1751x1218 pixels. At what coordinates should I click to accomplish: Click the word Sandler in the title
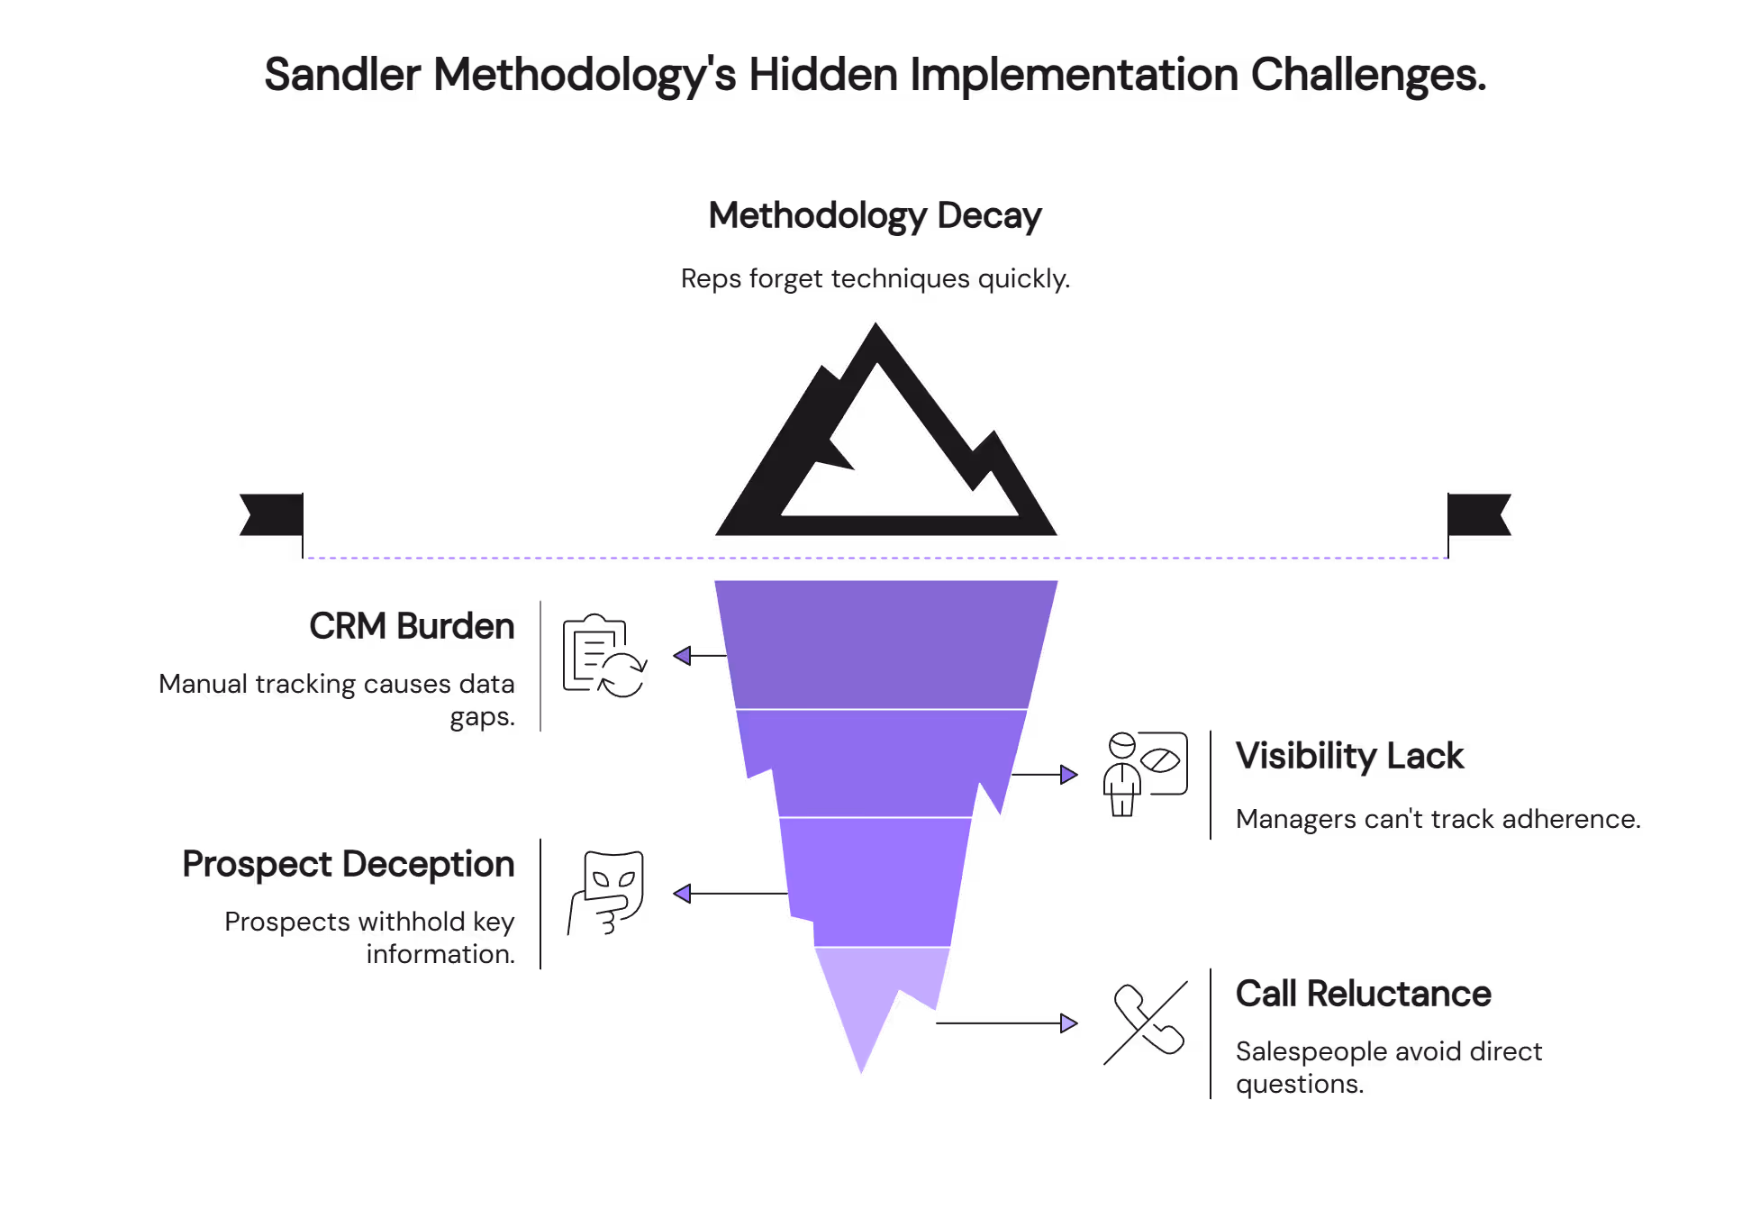342,75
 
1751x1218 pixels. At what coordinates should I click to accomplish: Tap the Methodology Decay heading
875,216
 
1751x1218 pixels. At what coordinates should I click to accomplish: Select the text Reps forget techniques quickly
875,278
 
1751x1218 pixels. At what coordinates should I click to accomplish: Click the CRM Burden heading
412,626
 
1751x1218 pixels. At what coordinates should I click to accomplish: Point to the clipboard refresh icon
603,657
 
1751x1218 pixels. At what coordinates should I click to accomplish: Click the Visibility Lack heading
1349,756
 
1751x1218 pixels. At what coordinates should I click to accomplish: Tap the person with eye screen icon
1145,774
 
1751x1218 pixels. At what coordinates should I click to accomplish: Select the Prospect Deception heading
349,864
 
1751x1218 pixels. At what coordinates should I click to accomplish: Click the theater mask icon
607,893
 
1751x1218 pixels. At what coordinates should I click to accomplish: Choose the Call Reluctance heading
1363,994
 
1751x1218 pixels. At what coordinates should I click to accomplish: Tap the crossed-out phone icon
1147,1023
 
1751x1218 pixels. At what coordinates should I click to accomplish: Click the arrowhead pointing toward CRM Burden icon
683,656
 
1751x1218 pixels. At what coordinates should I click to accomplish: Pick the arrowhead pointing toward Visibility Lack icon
1068,774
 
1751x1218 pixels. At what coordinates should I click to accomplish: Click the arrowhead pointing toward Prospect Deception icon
683,893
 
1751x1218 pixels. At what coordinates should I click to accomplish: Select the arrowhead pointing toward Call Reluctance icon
1068,1023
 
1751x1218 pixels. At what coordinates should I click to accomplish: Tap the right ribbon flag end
1479,514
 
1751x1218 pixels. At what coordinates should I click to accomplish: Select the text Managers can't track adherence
1438,819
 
